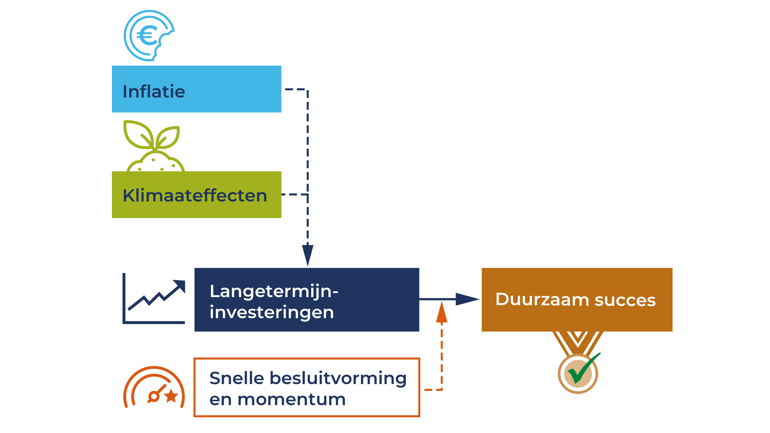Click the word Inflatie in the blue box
(x=154, y=91)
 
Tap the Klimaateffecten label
(x=195, y=196)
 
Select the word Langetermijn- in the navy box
(x=274, y=291)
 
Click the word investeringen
(x=272, y=312)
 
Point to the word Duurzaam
(x=541, y=299)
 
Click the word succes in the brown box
(x=625, y=300)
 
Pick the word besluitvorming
(x=338, y=378)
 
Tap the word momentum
(x=292, y=399)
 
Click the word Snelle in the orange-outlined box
(x=237, y=378)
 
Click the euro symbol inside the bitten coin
(x=147, y=35)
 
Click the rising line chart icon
(x=154, y=299)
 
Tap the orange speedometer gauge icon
(x=154, y=387)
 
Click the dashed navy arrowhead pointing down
(x=308, y=254)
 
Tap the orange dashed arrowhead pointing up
(x=442, y=313)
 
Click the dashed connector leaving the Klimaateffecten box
(x=295, y=194)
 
